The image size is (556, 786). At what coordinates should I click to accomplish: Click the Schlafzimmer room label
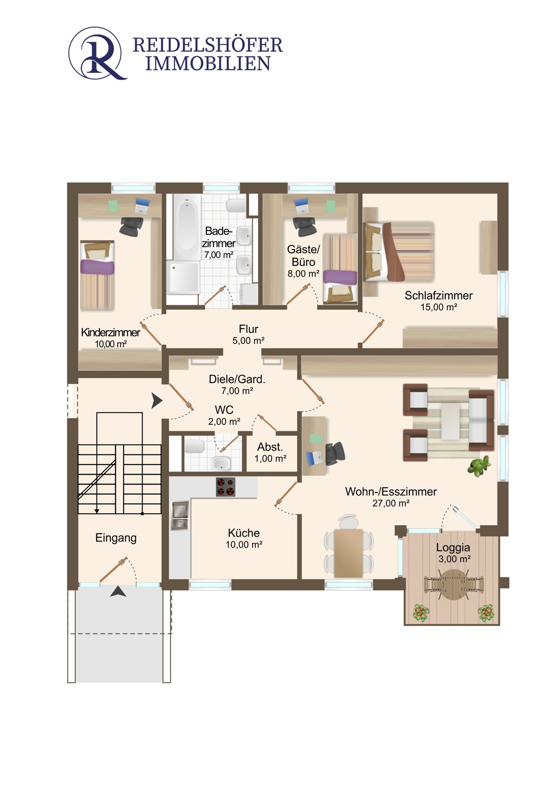[x=438, y=295]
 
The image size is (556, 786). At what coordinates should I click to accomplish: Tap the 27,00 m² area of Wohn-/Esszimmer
[x=390, y=503]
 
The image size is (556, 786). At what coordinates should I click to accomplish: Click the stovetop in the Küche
[x=225, y=487]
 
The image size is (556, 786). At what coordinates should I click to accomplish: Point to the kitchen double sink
[x=180, y=516]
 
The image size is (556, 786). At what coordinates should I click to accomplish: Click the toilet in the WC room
[x=194, y=446]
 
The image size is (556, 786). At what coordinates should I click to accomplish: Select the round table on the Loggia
[x=454, y=584]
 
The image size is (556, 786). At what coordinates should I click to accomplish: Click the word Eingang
[x=116, y=538]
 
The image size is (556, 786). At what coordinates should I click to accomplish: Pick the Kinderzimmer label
[x=111, y=332]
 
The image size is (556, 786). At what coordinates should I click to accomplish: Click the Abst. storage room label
[x=270, y=447]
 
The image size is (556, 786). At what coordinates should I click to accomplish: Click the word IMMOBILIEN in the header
[x=208, y=63]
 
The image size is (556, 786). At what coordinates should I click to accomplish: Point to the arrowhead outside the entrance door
[x=118, y=591]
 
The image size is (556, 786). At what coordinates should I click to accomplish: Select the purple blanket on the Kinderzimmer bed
[x=97, y=267]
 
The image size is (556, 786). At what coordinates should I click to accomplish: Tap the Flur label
[x=248, y=329]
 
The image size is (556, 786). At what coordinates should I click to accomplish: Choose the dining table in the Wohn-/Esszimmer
[x=348, y=553]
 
